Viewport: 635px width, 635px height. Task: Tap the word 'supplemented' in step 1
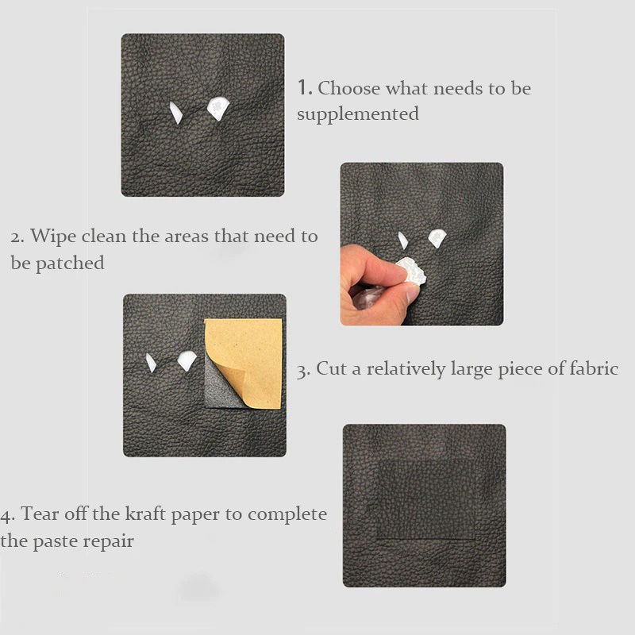tap(358, 114)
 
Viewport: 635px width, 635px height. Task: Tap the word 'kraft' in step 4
tap(145, 514)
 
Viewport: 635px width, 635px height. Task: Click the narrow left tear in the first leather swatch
tap(175, 112)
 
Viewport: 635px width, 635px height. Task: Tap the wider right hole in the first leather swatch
tap(217, 108)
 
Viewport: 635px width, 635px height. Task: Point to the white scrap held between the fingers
tap(412, 271)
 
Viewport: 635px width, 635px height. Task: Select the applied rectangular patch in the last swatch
tap(425, 499)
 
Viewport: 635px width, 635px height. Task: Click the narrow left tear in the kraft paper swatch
tap(151, 363)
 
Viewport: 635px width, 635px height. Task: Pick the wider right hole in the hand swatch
tap(437, 238)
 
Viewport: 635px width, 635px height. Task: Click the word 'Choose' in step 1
tap(348, 88)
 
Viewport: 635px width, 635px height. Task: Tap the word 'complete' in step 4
tap(287, 514)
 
